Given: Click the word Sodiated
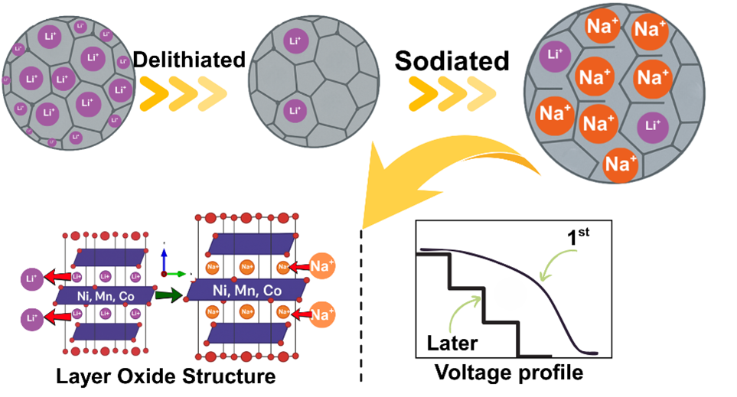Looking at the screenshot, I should (x=452, y=60).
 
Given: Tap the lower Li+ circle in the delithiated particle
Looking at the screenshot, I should (x=293, y=111).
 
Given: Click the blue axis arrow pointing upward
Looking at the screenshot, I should (x=163, y=257).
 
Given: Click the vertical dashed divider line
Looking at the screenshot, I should (x=360, y=306).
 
